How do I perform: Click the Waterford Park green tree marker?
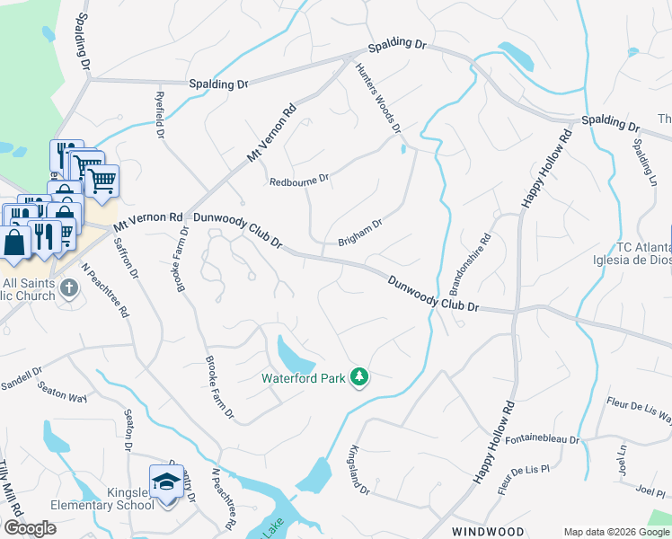click(x=359, y=376)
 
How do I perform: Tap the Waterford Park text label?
click(x=304, y=378)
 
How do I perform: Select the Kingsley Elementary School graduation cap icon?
click(x=166, y=482)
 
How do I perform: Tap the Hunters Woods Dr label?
click(x=377, y=99)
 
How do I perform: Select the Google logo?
click(x=31, y=528)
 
